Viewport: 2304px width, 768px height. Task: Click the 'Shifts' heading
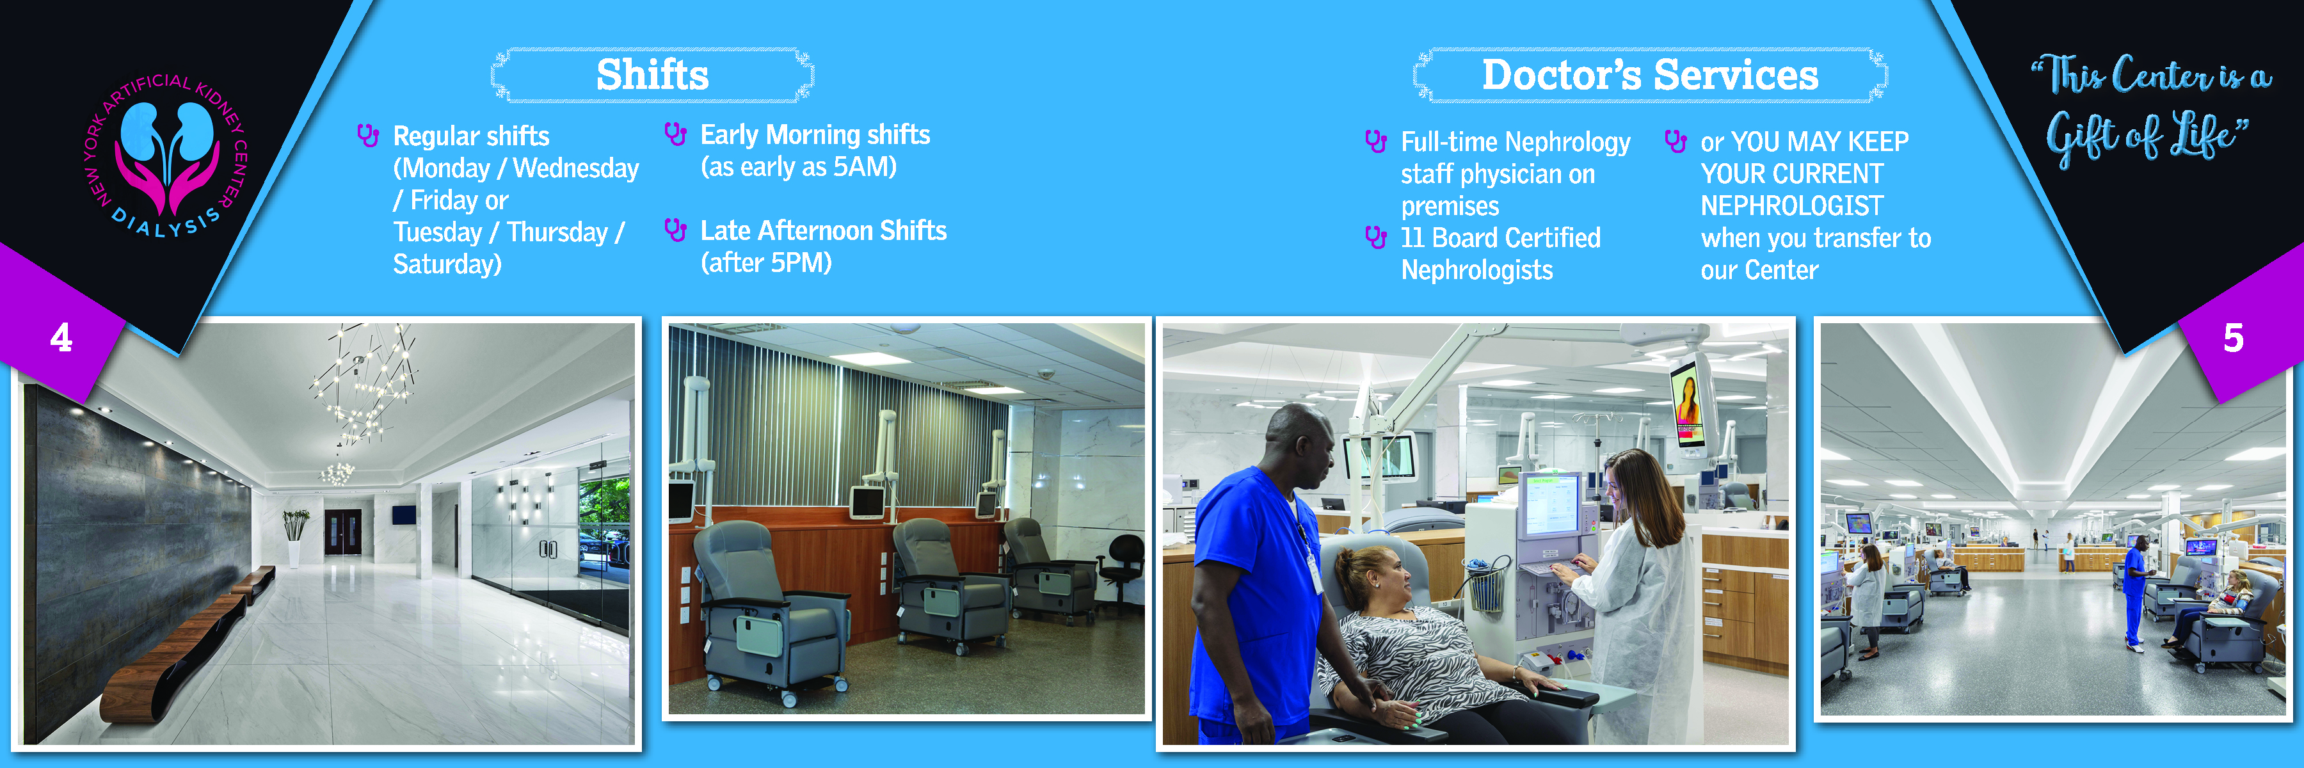coord(652,75)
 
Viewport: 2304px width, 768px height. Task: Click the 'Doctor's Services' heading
coord(1649,75)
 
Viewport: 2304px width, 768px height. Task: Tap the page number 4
coord(61,338)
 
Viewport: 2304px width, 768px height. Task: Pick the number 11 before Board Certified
coord(1412,238)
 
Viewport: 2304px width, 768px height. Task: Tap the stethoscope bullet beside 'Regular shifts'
coord(367,136)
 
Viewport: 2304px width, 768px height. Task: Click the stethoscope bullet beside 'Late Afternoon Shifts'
coord(675,230)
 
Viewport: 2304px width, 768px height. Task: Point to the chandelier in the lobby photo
coord(362,394)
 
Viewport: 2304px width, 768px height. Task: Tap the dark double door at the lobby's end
coord(342,532)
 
